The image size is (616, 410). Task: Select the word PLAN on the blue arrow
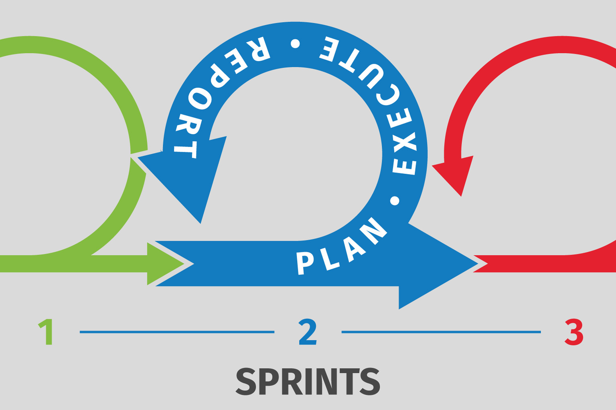[x=341, y=248]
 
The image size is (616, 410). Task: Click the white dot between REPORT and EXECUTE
[x=295, y=43]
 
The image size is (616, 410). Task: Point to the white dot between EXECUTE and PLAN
[x=395, y=201]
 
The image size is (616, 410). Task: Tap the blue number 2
[x=308, y=332]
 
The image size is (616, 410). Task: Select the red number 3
[x=574, y=332]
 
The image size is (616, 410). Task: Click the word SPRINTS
[x=308, y=381]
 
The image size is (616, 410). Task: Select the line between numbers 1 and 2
[x=176, y=332]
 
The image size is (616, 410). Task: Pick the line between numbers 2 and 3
[x=441, y=332]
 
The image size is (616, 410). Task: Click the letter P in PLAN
[x=305, y=263]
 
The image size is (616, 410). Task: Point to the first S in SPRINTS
[x=246, y=381]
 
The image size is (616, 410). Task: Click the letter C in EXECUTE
[x=388, y=94]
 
